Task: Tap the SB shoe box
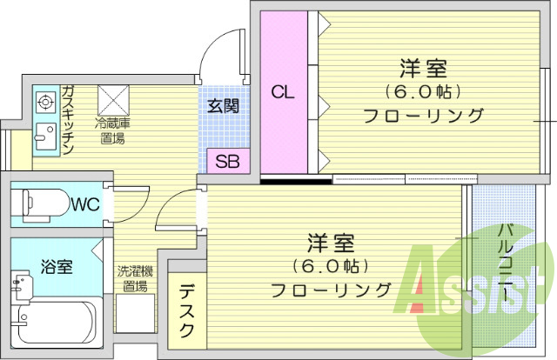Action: tap(227, 161)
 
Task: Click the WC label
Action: tap(84, 205)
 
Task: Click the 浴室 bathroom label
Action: tap(57, 267)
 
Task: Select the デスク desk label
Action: tap(187, 314)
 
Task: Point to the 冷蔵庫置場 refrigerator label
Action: tap(112, 130)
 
